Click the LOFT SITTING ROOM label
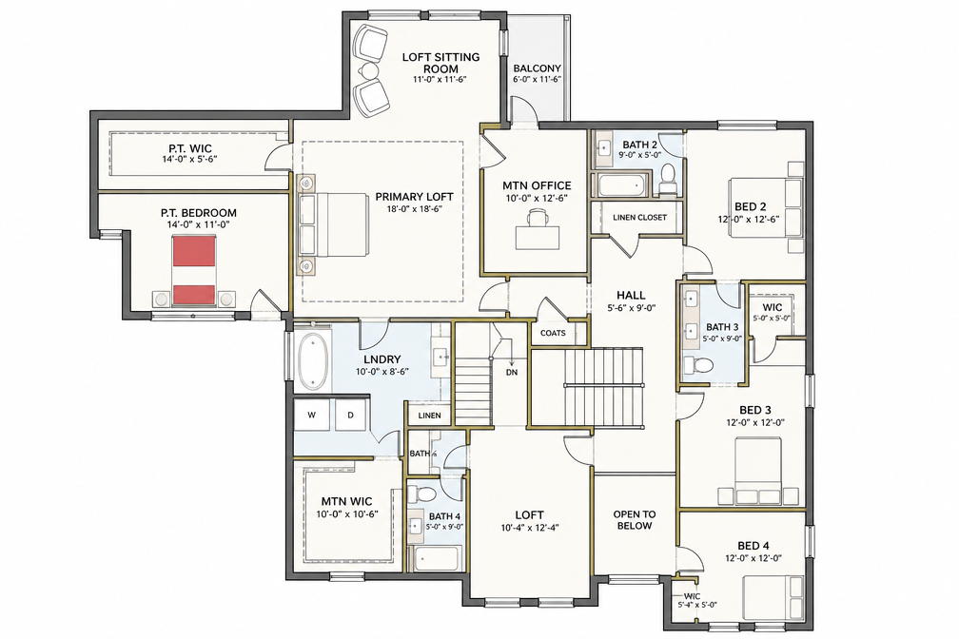(440, 63)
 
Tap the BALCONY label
(537, 68)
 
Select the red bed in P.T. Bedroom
(194, 270)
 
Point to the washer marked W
(312, 416)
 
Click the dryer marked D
(350, 416)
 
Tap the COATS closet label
(553, 333)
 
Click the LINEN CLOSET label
(639, 218)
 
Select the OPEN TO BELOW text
(635, 520)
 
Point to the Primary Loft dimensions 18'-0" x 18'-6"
(414, 208)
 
